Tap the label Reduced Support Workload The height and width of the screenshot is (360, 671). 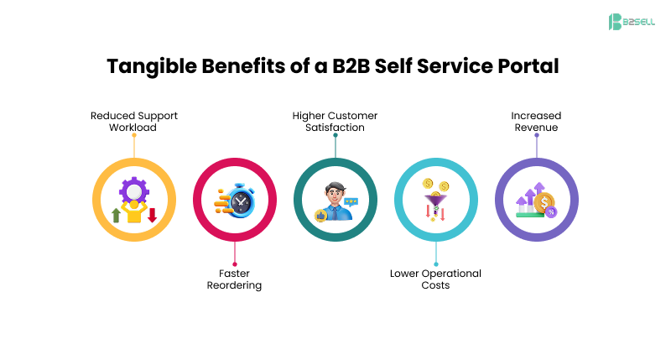(x=134, y=121)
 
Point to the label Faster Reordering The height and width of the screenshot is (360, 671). (x=235, y=279)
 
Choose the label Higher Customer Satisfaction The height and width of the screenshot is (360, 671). (x=335, y=121)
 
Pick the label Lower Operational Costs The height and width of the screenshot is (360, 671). (x=435, y=279)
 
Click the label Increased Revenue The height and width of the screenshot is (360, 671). (x=536, y=121)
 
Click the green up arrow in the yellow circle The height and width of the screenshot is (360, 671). (x=116, y=216)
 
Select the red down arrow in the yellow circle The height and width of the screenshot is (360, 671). (x=152, y=215)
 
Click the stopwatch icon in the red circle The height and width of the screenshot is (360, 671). (x=241, y=201)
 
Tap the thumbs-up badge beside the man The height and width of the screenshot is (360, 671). (x=320, y=216)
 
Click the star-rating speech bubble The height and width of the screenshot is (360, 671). (x=351, y=201)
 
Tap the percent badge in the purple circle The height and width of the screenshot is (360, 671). (x=551, y=212)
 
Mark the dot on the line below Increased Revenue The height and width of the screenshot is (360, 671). (x=536, y=136)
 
